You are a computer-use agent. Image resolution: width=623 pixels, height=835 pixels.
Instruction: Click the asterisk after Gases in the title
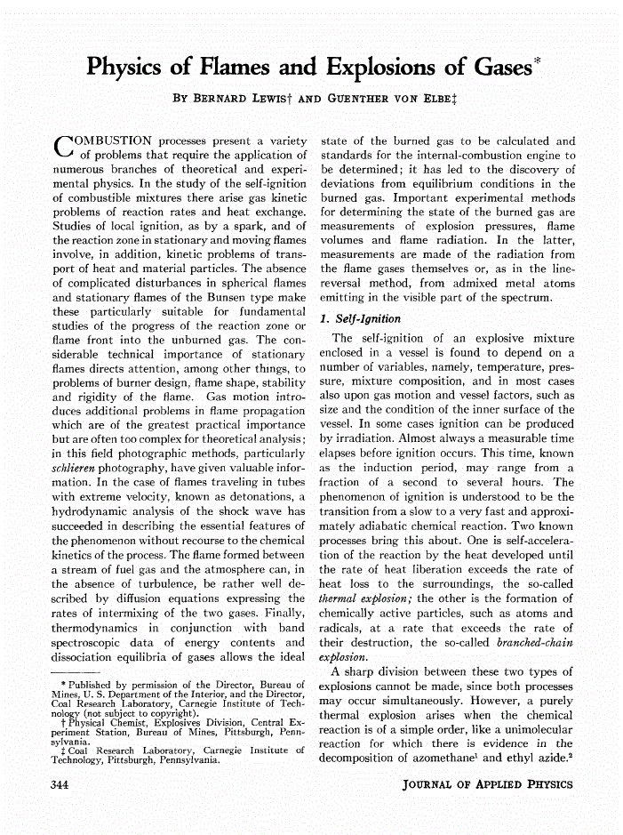pyautogui.click(x=536, y=60)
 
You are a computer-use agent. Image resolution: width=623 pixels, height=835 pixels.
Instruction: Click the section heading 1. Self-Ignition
pyautogui.click(x=361, y=318)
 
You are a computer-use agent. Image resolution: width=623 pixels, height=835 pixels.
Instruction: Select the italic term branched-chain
pyautogui.click(x=534, y=642)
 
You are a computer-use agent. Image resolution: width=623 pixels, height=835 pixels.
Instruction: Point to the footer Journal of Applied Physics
pyautogui.click(x=487, y=783)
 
